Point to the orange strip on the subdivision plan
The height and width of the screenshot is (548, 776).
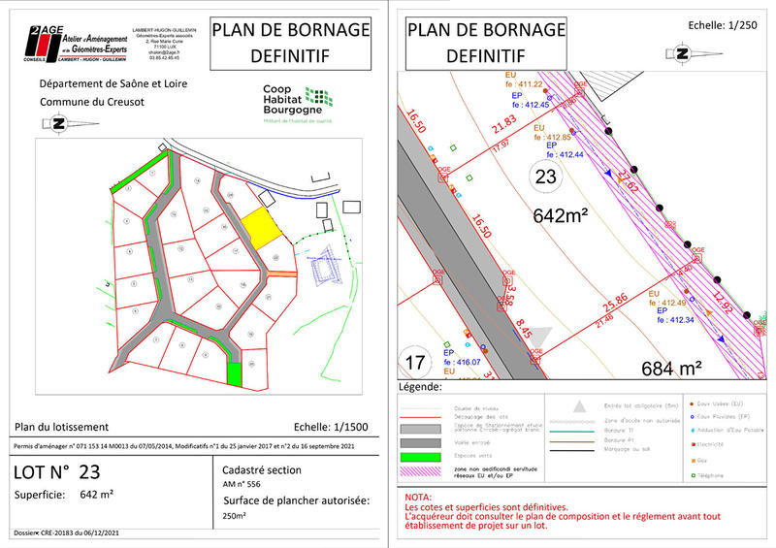pyautogui.click(x=280, y=275)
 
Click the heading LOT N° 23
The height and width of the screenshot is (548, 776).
pyautogui.click(x=57, y=472)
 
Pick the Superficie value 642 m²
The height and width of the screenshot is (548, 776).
pyautogui.click(x=96, y=496)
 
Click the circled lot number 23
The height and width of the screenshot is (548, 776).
pyautogui.click(x=546, y=177)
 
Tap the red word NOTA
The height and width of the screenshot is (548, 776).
pyautogui.click(x=420, y=497)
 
